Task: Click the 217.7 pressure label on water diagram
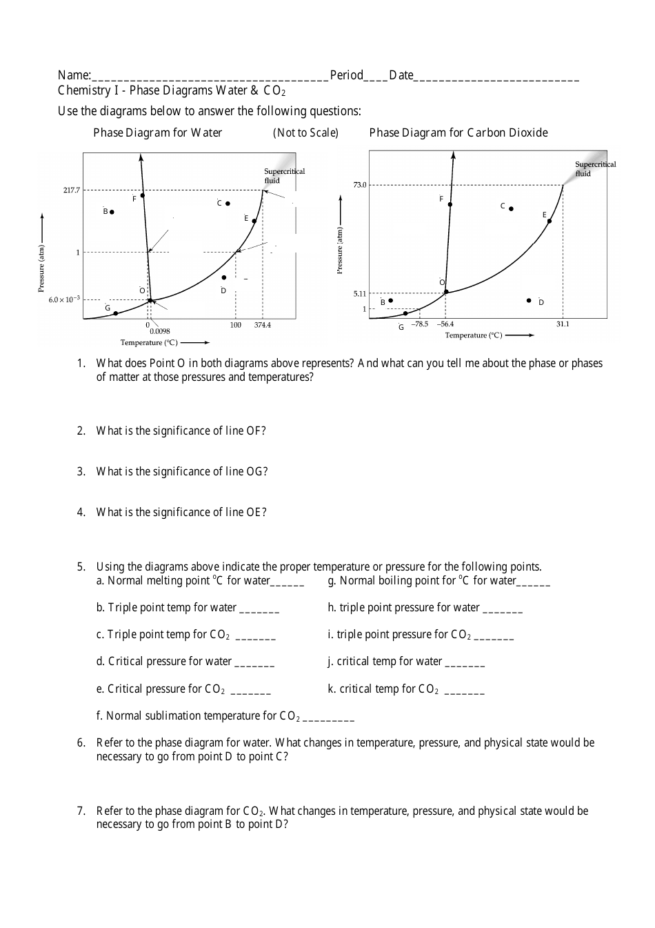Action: (72, 190)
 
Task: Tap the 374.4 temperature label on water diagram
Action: (263, 324)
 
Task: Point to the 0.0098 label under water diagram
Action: (159, 331)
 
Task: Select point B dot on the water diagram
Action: (112, 212)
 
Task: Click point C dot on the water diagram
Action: (228, 204)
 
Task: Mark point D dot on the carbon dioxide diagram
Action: (529, 301)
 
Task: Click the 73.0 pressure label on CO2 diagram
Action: (360, 185)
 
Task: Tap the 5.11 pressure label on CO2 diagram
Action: (360, 294)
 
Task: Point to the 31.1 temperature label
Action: (563, 324)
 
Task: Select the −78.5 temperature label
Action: (420, 324)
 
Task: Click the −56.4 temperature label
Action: (445, 324)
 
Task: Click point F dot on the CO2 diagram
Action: (450, 204)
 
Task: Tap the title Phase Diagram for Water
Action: (158, 132)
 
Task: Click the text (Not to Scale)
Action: (305, 132)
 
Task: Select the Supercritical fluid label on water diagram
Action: (284, 175)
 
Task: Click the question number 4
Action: (81, 512)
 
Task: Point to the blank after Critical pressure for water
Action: (254, 662)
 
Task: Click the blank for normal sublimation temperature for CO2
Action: (328, 717)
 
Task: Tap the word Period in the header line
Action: (347, 75)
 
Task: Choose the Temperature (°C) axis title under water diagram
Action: (149, 342)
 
